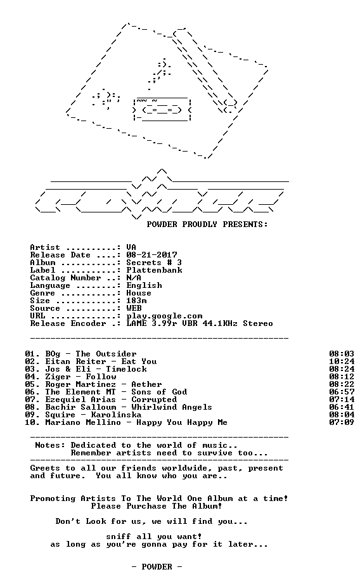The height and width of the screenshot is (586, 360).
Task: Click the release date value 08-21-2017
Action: pos(151,255)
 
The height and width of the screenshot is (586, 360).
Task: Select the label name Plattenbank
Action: pos(154,270)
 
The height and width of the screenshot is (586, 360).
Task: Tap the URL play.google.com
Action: pos(164,316)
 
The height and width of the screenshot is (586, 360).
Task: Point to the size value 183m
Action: pos(136,301)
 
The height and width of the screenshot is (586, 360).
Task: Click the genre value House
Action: pos(139,293)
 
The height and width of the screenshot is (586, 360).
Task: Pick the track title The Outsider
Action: pos(106,354)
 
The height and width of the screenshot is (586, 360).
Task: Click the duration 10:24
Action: pos(342,361)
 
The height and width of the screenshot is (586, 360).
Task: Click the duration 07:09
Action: pos(342,422)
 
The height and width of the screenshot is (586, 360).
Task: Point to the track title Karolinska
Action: pos(116,415)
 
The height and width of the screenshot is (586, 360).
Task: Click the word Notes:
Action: pos(50,445)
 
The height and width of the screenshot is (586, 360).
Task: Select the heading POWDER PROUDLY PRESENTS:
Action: pos(207,225)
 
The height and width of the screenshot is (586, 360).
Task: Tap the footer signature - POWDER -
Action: pos(157,567)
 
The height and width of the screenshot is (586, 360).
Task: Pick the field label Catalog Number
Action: pos(65,278)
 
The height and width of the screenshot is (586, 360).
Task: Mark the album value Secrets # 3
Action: pos(154,263)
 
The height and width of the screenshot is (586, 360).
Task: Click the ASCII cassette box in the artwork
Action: pos(162,108)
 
